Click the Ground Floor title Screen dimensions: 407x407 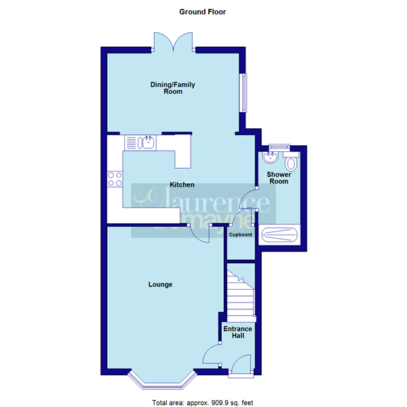202,12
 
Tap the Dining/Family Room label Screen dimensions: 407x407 172,88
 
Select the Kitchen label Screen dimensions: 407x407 182,185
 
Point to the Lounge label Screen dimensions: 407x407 160,284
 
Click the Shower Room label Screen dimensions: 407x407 279,178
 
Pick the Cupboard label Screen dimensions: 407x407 240,235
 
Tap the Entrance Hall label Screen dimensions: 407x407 238,332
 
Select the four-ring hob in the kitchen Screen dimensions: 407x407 115,179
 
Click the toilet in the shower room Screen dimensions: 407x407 291,161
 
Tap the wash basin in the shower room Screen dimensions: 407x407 271,157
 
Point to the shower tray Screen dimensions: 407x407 279,235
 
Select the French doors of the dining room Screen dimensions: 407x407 174,42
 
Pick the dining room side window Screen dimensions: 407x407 244,93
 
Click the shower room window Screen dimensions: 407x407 279,147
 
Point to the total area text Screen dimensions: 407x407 202,402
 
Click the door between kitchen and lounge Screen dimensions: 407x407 199,233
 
